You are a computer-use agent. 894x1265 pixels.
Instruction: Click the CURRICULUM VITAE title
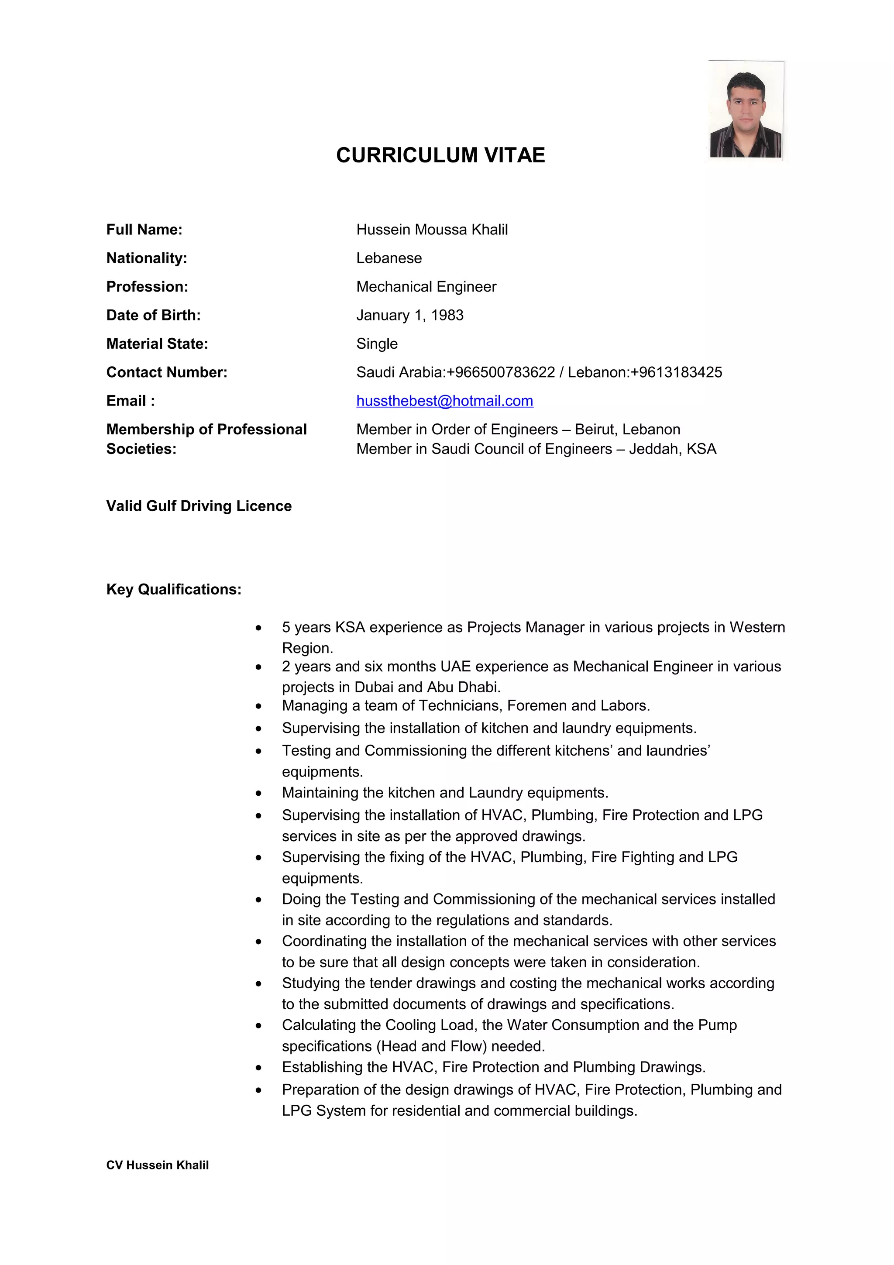pos(440,155)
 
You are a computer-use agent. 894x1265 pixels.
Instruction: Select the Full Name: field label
pos(144,230)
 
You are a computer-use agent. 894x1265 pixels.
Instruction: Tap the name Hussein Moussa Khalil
pos(432,230)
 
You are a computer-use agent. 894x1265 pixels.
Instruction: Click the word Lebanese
pos(389,258)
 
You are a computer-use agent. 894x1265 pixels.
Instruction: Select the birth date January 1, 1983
pos(409,316)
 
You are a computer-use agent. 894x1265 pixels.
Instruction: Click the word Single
pos(377,344)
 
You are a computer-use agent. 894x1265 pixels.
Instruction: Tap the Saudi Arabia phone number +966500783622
pos(500,372)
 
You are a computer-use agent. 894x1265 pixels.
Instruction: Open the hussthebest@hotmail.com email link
pos(444,401)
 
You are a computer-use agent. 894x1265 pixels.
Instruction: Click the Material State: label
pos(157,344)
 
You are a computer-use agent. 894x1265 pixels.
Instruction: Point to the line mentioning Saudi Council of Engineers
pos(536,449)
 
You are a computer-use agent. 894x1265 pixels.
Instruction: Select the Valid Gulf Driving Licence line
pos(199,506)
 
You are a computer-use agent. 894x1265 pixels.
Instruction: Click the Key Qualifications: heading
pos(173,590)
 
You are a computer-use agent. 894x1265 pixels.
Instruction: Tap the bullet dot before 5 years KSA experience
pos(258,628)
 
